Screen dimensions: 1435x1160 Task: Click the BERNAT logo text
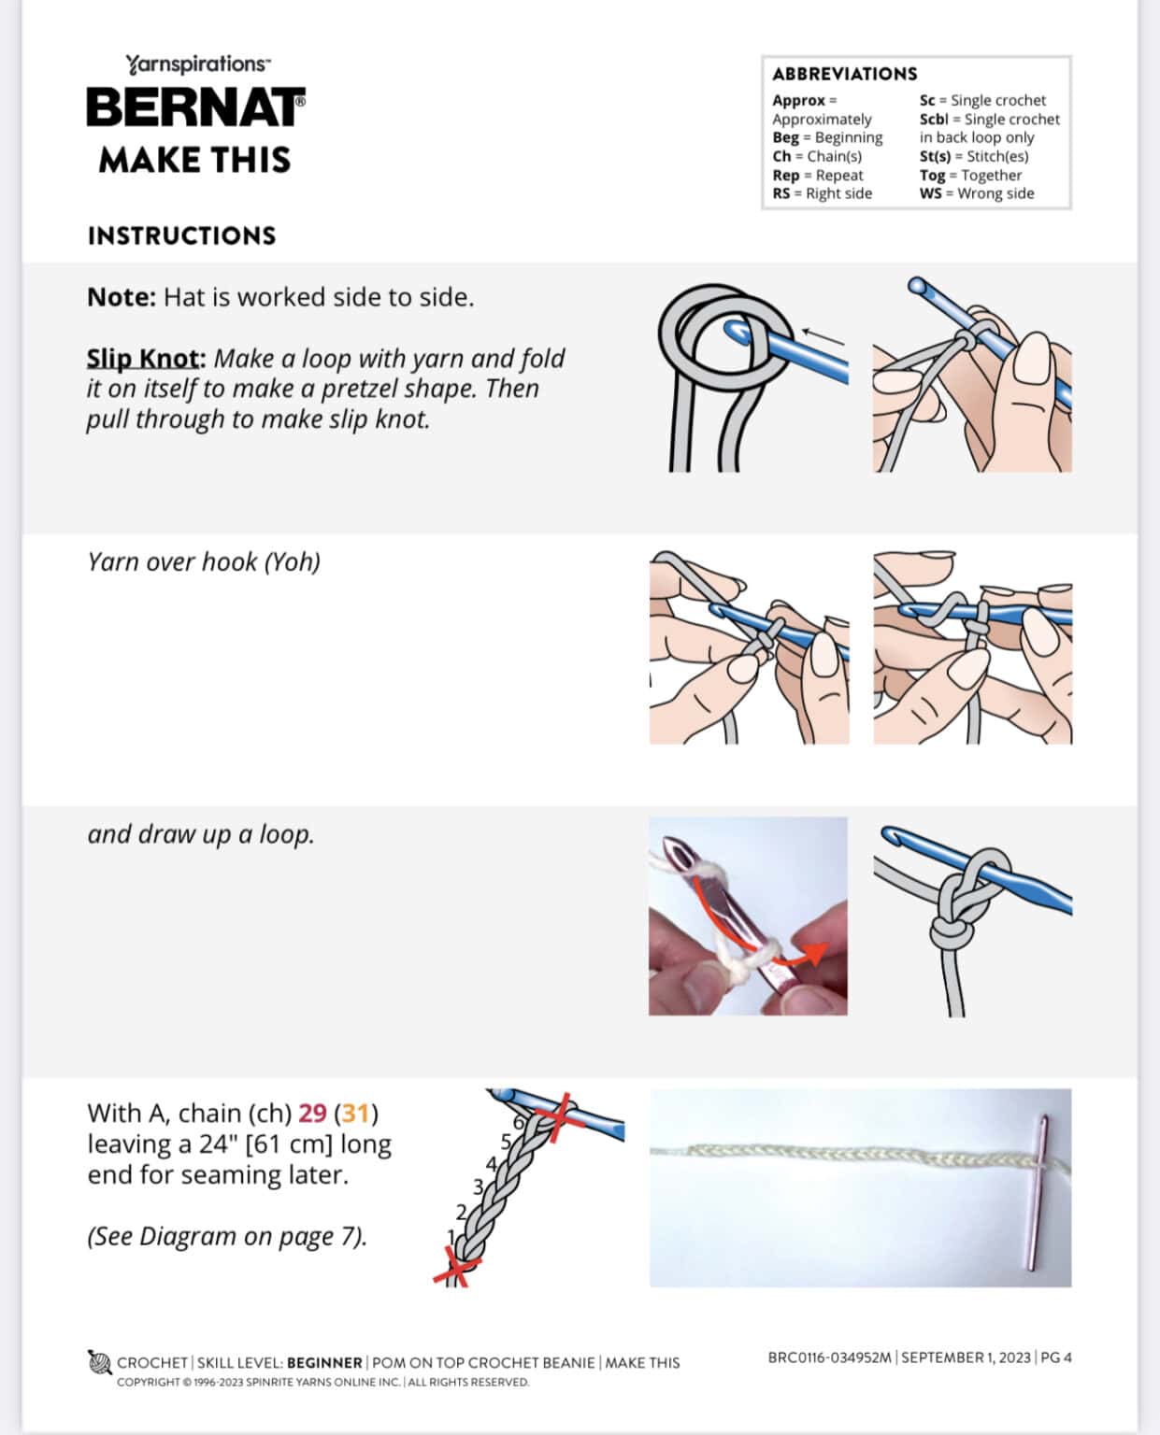(x=195, y=107)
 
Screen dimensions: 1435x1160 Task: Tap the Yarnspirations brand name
(x=197, y=64)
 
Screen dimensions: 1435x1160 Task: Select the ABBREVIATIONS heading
(x=844, y=74)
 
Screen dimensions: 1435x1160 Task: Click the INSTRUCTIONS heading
(x=181, y=235)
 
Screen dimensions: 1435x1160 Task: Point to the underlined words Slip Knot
(x=145, y=359)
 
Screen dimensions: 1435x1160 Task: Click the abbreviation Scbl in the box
(x=933, y=120)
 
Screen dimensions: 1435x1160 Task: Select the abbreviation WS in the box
(x=930, y=193)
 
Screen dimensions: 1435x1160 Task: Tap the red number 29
(x=312, y=1114)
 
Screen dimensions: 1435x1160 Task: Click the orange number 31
(x=355, y=1114)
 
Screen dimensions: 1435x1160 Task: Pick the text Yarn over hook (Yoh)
(x=204, y=561)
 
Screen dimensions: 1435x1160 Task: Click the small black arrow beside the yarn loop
(x=822, y=335)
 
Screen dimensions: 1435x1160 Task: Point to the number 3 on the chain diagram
(x=478, y=1187)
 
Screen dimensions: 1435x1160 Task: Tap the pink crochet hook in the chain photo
(x=1038, y=1191)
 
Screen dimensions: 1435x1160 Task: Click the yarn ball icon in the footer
(x=100, y=1362)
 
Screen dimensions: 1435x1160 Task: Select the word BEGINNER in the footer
(x=324, y=1363)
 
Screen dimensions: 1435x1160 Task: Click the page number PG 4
(x=1055, y=1357)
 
